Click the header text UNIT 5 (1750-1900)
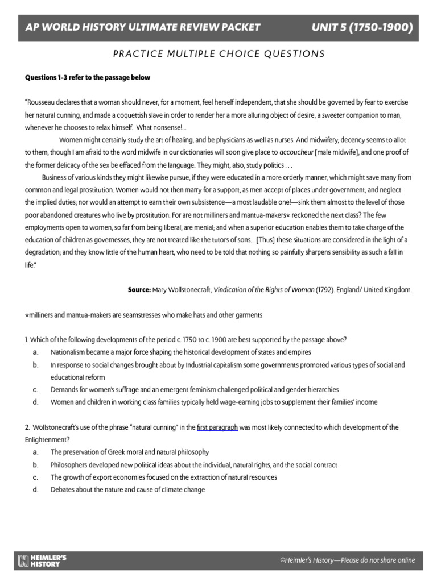point(362,27)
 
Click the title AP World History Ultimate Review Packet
point(143,27)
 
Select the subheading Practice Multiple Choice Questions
point(218,54)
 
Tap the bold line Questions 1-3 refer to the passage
point(87,77)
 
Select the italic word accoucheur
point(299,152)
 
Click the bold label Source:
point(139,290)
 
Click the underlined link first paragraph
point(217,427)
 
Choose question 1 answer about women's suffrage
point(194,390)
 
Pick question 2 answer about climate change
point(127,490)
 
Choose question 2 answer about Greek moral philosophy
point(130,452)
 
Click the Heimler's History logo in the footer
point(42,560)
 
